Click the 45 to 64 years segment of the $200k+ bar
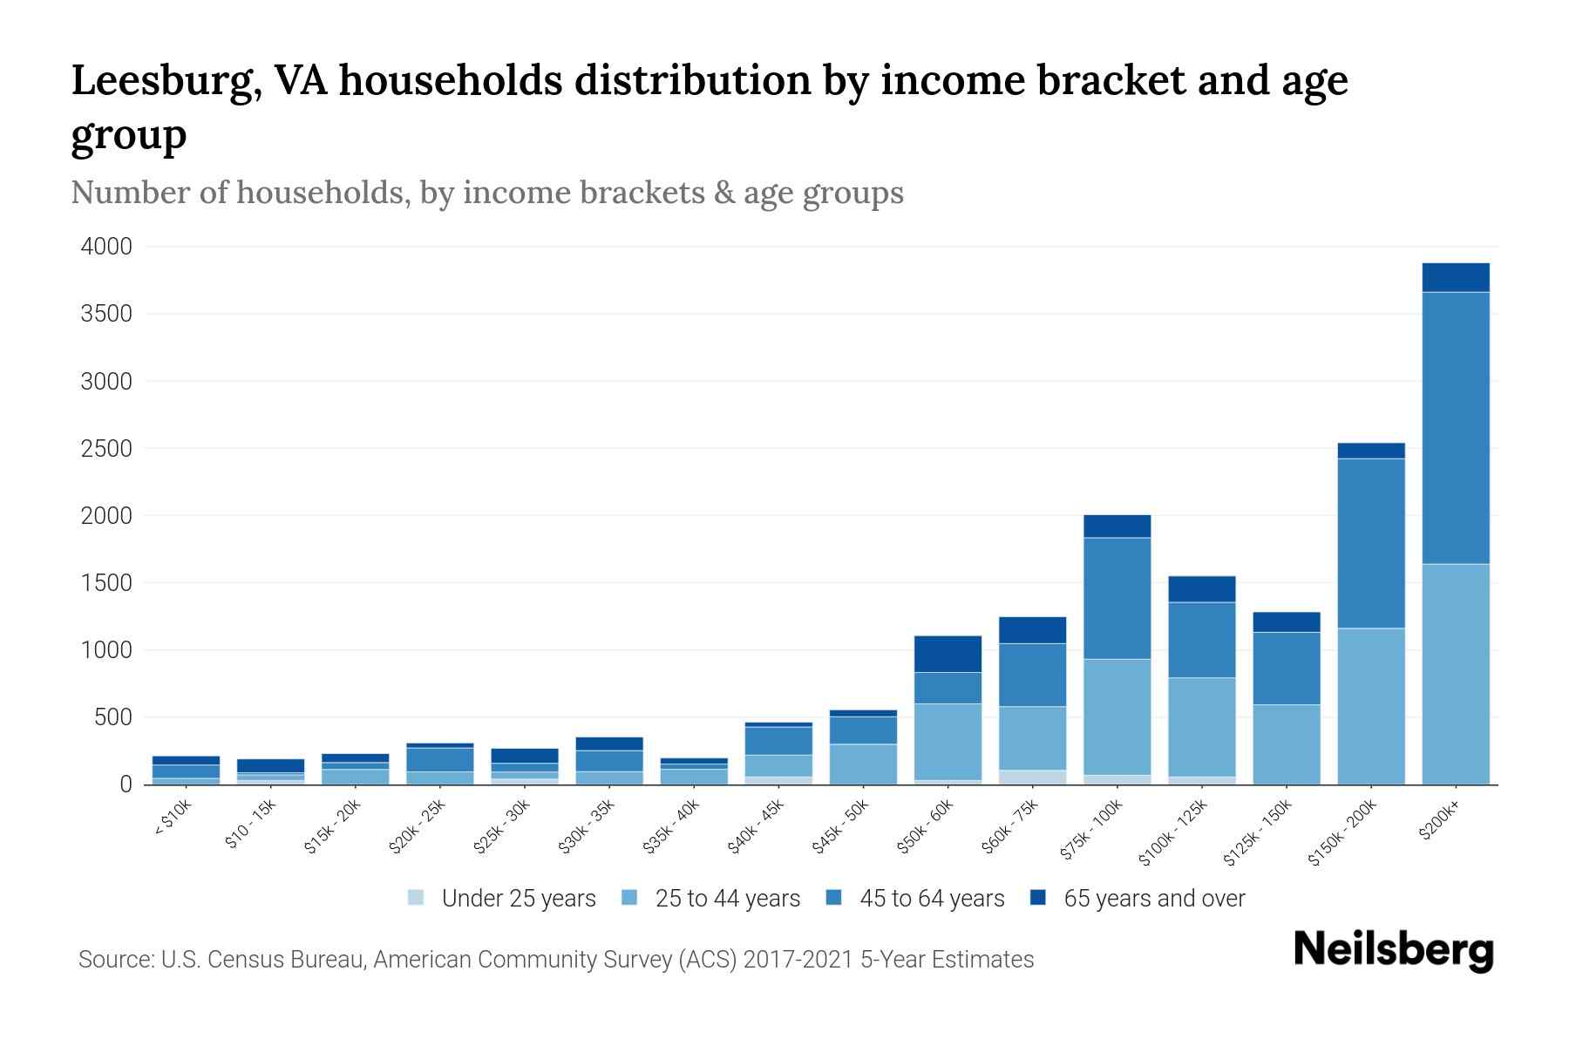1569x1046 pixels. (x=1455, y=427)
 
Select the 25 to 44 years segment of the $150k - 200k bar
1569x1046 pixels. (x=1370, y=706)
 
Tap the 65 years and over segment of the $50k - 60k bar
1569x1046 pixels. (x=948, y=654)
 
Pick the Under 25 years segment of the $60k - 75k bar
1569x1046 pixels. (x=1032, y=777)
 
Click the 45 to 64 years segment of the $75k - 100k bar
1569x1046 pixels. (x=1117, y=598)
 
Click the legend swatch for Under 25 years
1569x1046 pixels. (x=417, y=898)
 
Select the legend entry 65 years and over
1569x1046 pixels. (x=1154, y=898)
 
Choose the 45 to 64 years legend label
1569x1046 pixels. (x=932, y=898)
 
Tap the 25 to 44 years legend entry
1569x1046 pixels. (x=727, y=898)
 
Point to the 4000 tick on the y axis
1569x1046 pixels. (x=106, y=247)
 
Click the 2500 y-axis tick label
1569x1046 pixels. (x=106, y=449)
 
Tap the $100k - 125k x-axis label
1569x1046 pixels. (x=1173, y=832)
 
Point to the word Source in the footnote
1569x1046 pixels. (x=115, y=960)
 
